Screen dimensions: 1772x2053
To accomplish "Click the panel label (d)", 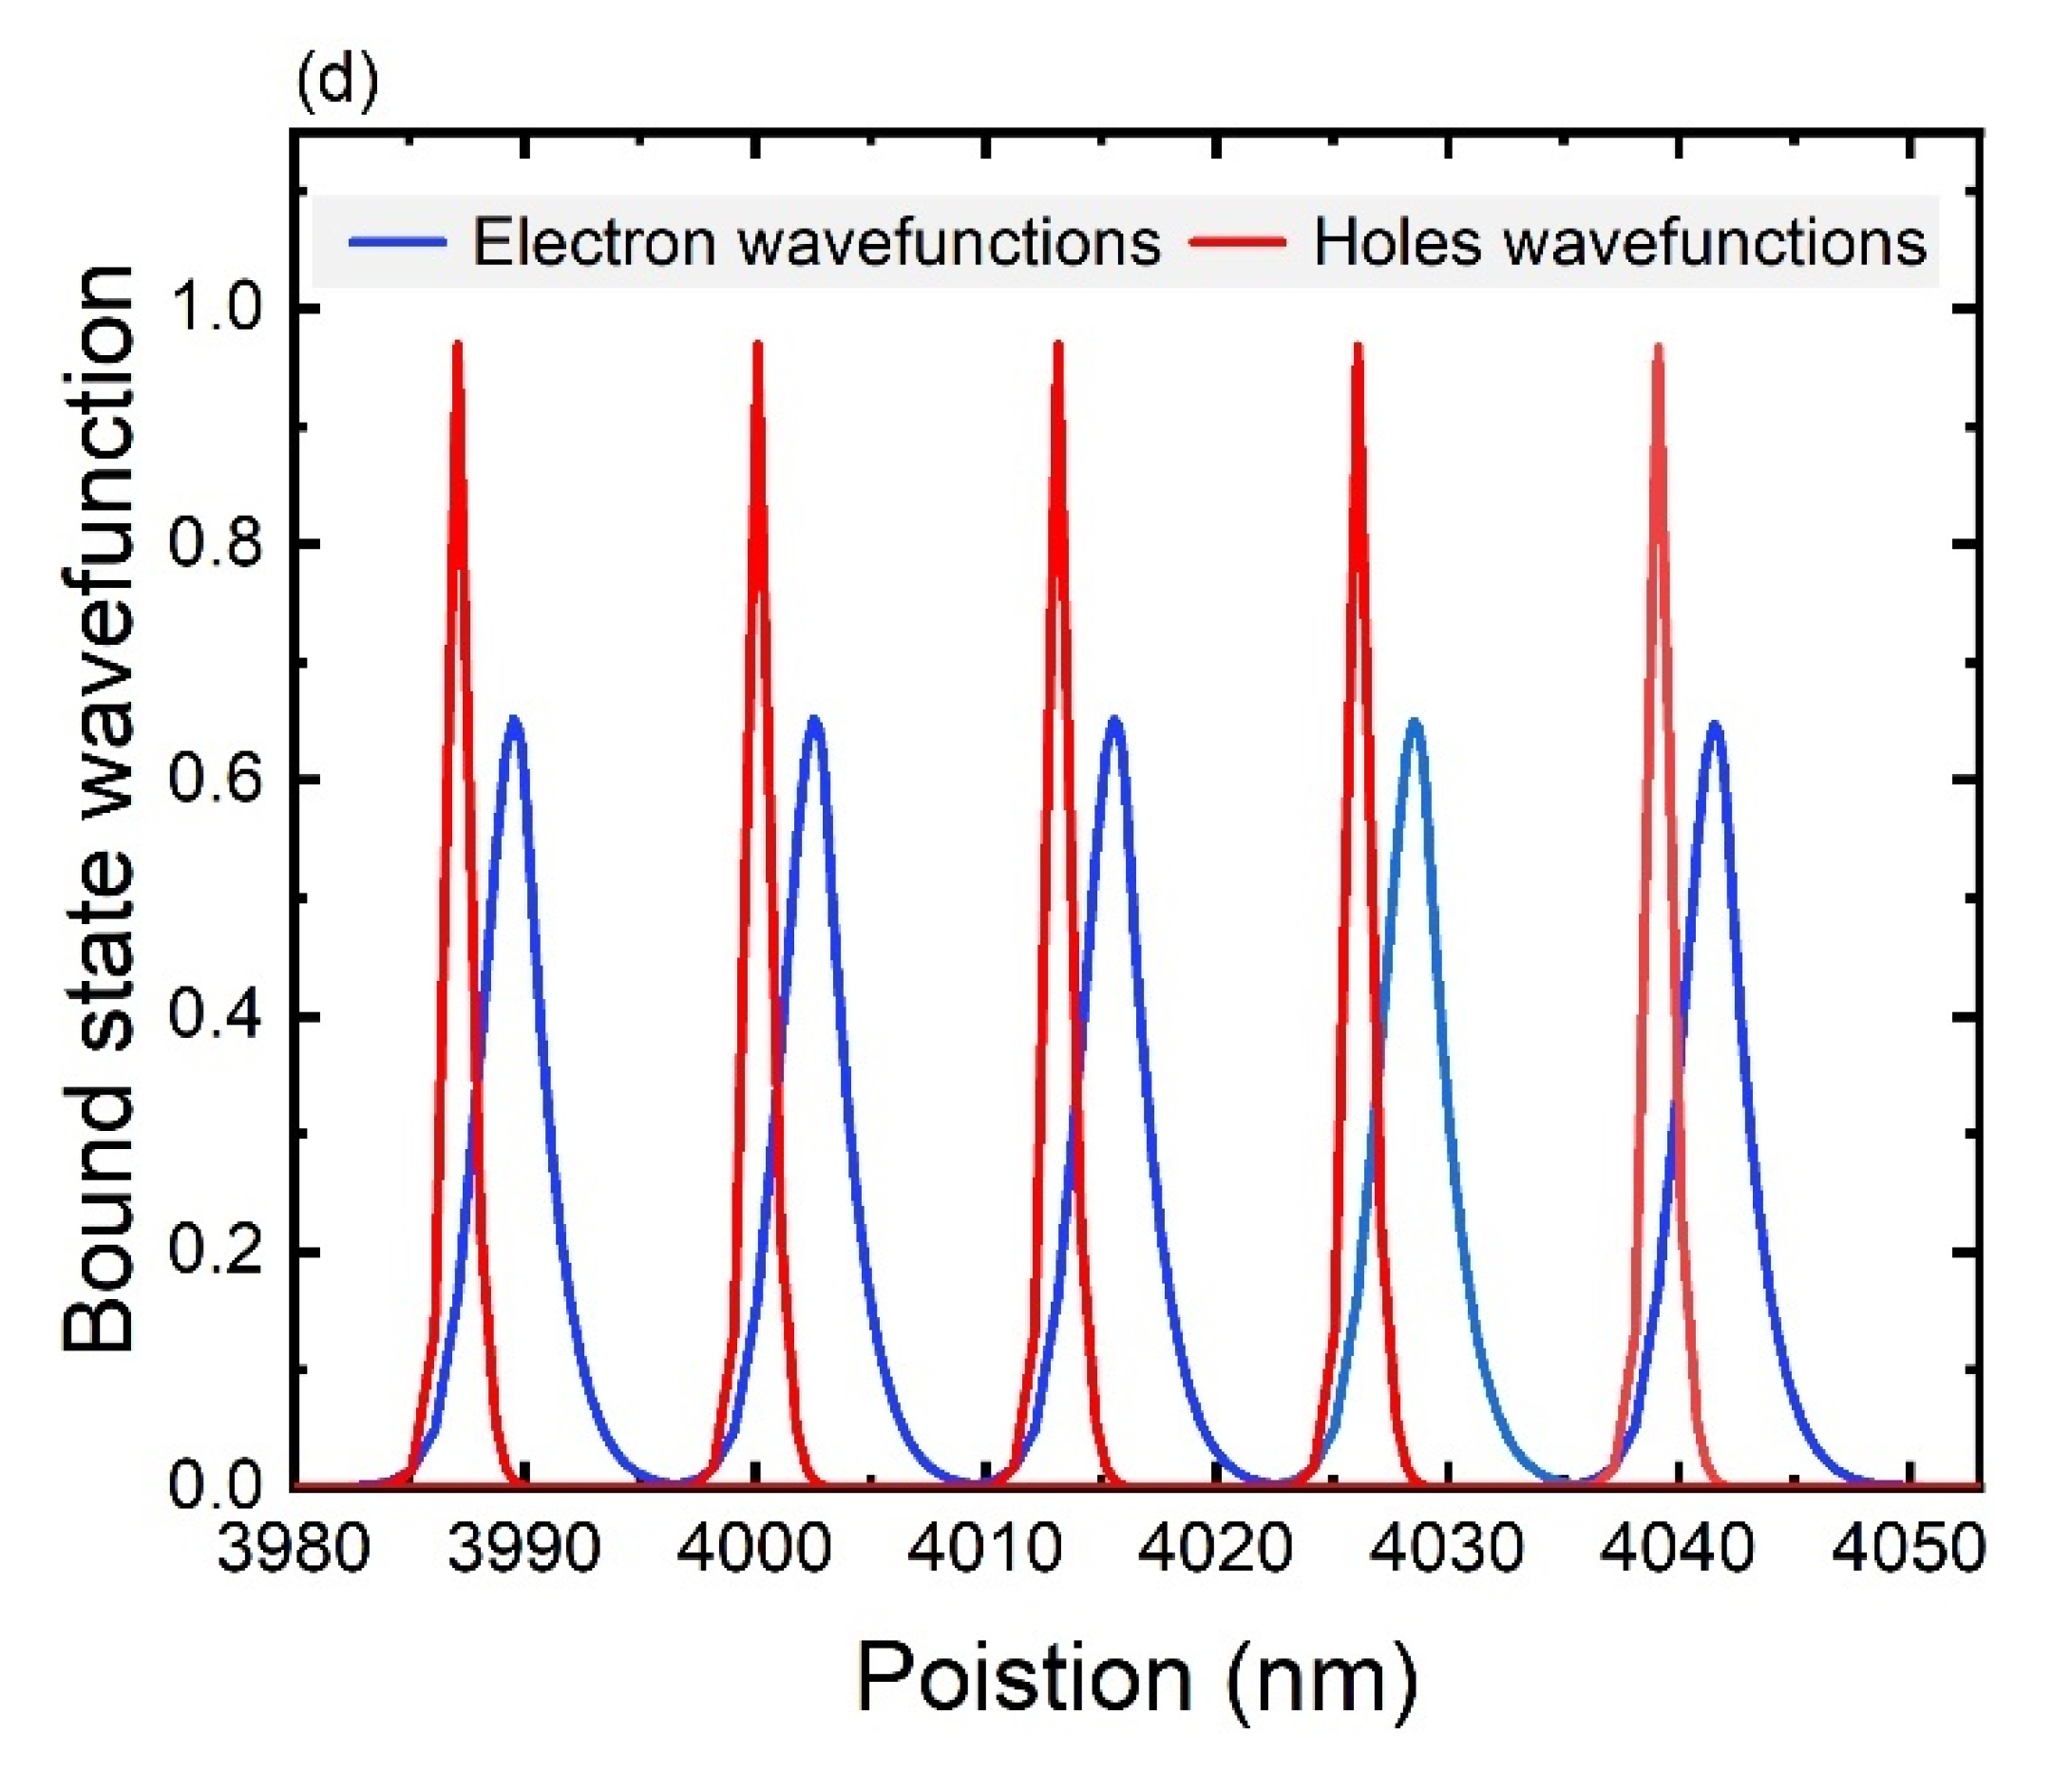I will [x=337, y=84].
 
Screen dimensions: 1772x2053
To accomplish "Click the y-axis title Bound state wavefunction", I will [x=99, y=810].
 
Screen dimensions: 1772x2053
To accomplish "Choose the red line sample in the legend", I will [x=1239, y=242].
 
